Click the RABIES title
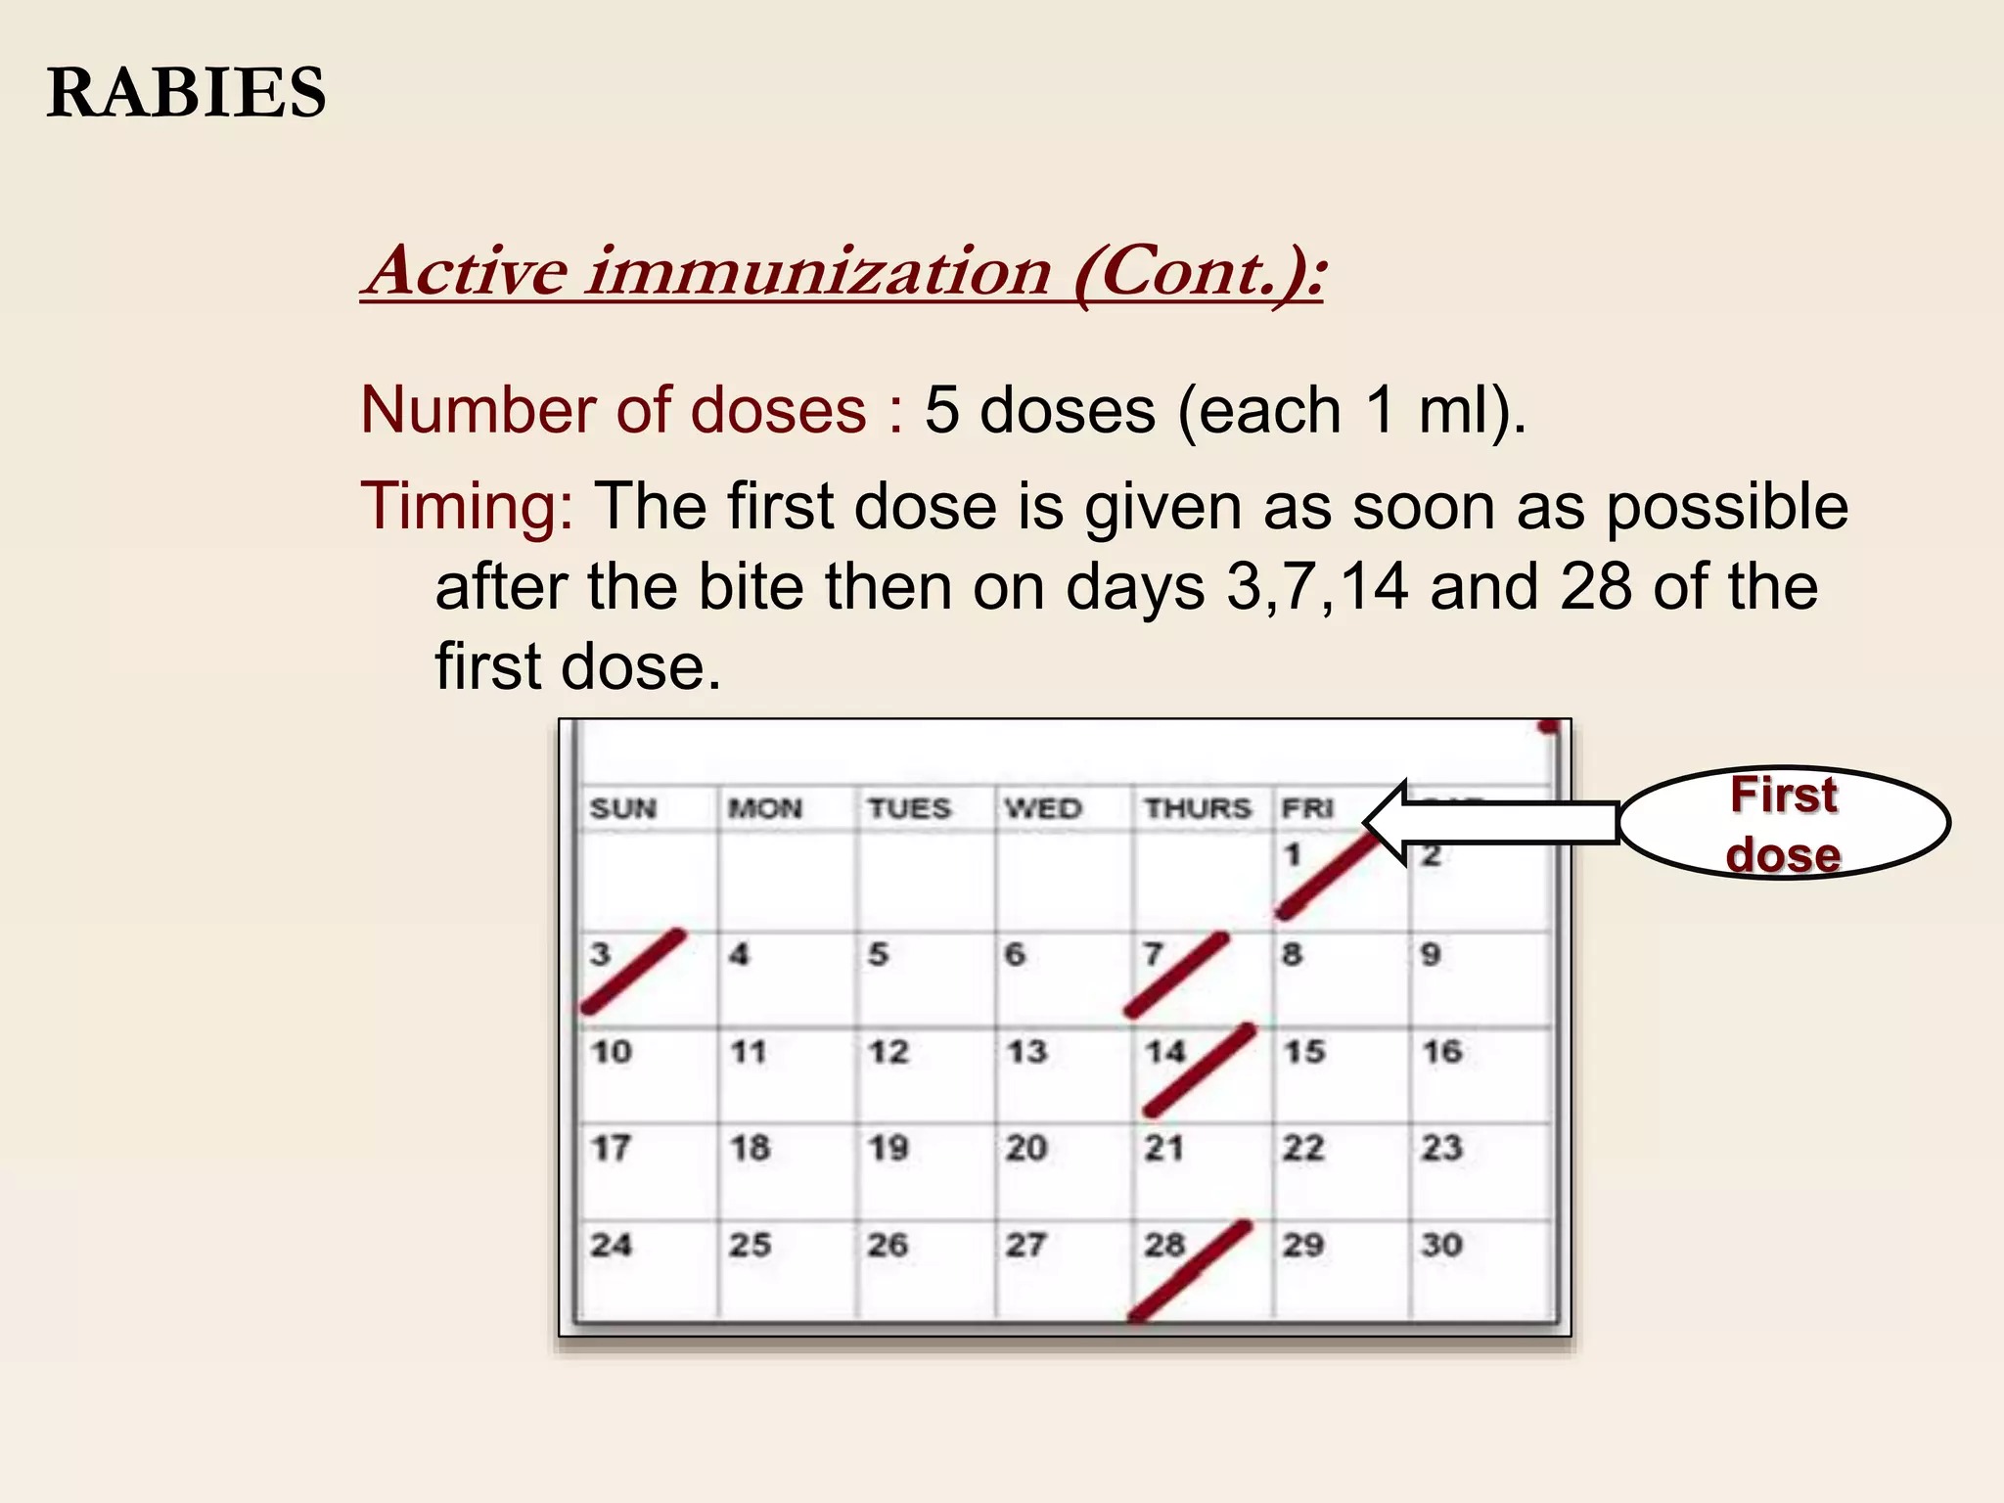coord(186,93)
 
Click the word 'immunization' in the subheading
coord(819,271)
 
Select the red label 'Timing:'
coord(468,507)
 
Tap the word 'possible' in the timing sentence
coord(1727,507)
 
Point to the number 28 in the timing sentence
coord(1596,587)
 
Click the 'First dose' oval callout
coord(1784,823)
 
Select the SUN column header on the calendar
coord(623,809)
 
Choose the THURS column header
coord(1199,808)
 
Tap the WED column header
coord(1043,808)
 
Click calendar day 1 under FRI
coord(1293,855)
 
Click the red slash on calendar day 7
coord(1177,975)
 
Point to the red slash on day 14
coord(1200,1070)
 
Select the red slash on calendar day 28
coord(1190,1270)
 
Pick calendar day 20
coord(1026,1148)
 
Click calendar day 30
coord(1442,1245)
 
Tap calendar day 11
coord(749,1053)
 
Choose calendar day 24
coord(611,1245)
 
